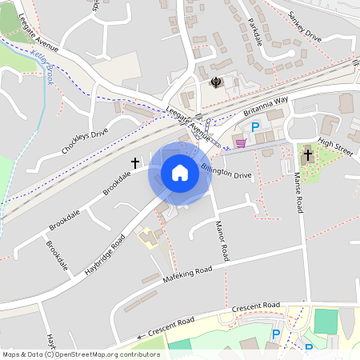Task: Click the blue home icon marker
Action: pos(179,172)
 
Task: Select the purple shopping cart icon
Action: pos(241,142)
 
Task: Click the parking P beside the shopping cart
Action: pos(256,127)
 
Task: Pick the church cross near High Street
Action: pos(308,154)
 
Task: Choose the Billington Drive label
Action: pos(226,170)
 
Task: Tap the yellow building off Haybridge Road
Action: pos(147,237)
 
